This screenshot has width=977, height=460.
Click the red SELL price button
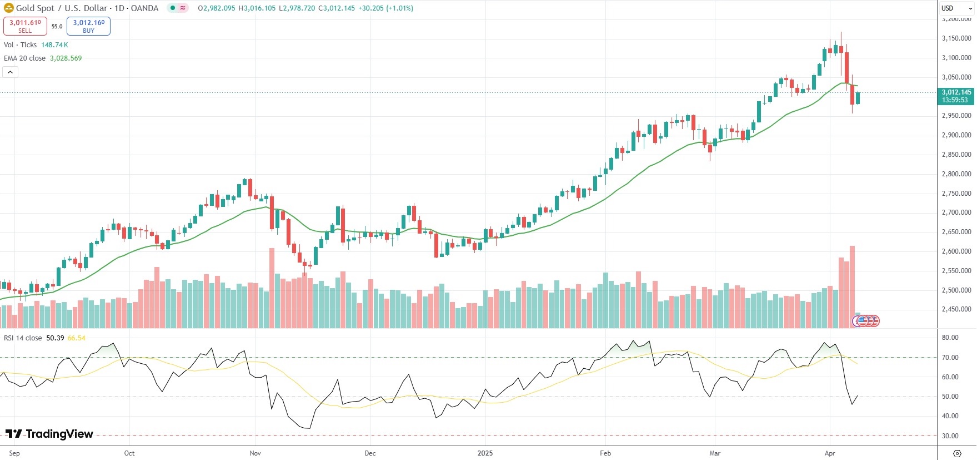[x=25, y=26]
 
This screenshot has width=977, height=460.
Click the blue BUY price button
[x=88, y=26]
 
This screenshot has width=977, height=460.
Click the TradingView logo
[x=49, y=434]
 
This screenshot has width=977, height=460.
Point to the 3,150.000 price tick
[x=956, y=38]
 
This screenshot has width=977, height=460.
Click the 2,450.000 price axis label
[x=956, y=309]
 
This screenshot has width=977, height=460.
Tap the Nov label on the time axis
[x=255, y=453]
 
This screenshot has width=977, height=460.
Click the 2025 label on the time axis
[x=485, y=453]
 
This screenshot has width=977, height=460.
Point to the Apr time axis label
[x=830, y=453]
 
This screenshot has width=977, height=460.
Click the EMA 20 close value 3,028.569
[x=66, y=58]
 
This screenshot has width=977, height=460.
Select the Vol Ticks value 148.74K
[x=54, y=45]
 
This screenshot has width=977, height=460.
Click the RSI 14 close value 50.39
[x=55, y=338]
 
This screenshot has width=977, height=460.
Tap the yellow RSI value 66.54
[x=77, y=338]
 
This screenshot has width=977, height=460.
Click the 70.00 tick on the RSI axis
[x=950, y=358]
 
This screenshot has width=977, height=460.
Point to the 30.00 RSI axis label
[x=950, y=436]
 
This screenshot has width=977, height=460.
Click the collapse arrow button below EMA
[x=10, y=72]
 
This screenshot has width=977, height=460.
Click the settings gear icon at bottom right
[x=957, y=453]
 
